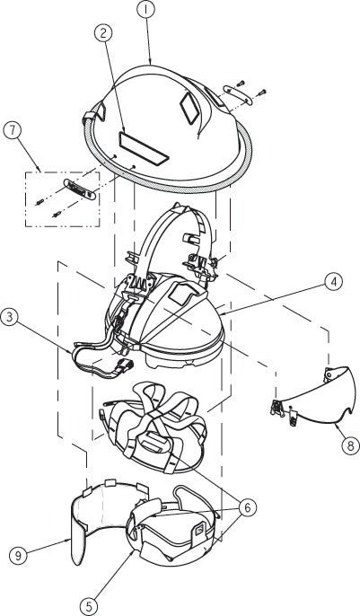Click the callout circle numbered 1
click(x=146, y=11)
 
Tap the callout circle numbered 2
click(x=103, y=34)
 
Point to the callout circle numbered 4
click(x=333, y=282)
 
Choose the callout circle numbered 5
click(x=90, y=606)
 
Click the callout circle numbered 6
click(x=247, y=508)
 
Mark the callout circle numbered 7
click(x=13, y=131)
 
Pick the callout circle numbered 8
click(x=350, y=445)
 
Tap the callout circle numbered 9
click(x=18, y=556)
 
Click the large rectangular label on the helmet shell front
click(x=144, y=148)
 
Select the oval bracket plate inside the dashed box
click(x=80, y=189)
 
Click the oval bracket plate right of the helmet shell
click(x=238, y=94)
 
